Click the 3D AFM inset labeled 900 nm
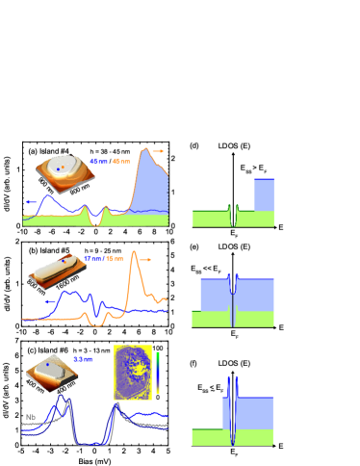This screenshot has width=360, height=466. pyautogui.click(x=65, y=173)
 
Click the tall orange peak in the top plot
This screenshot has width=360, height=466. pyautogui.click(x=144, y=152)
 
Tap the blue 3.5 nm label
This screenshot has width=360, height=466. pyautogui.click(x=83, y=359)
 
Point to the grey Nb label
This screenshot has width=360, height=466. pyautogui.click(x=29, y=417)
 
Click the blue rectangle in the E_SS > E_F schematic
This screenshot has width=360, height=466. pyautogui.click(x=264, y=194)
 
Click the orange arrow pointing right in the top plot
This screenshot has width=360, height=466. pyautogui.click(x=158, y=151)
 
